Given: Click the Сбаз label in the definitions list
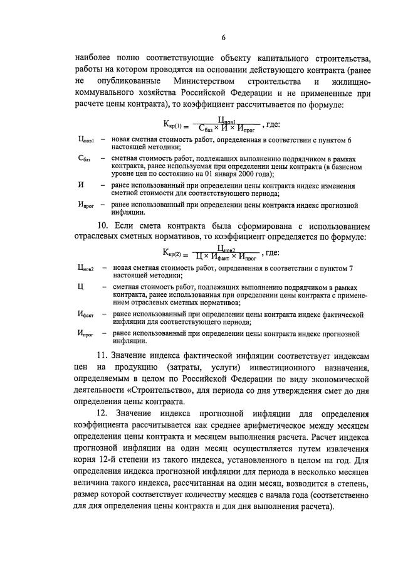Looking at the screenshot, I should tap(85, 160).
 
